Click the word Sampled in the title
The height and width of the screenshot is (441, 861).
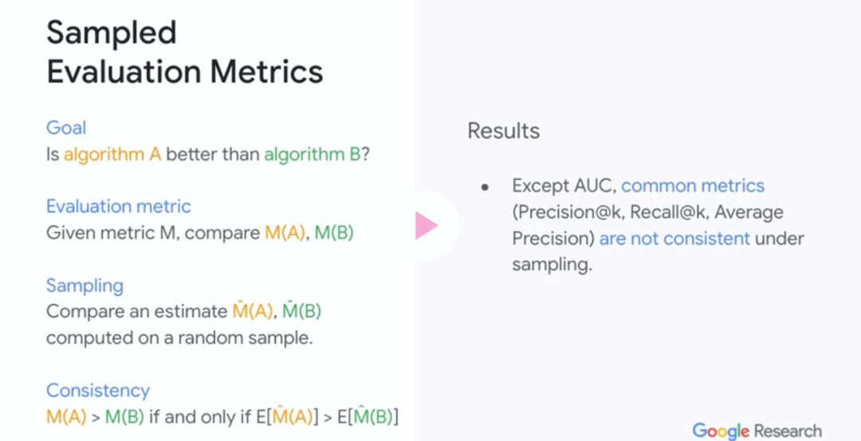click(112, 33)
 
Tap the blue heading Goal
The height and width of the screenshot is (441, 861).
click(66, 128)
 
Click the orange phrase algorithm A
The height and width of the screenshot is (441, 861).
click(112, 154)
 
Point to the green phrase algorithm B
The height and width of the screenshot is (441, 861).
click(313, 154)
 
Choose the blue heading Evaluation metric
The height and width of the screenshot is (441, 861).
click(119, 206)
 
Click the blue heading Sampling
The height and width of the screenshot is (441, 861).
click(85, 286)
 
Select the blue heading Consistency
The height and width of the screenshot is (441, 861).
click(98, 391)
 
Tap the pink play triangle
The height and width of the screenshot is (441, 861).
click(426, 225)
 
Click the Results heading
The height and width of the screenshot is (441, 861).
click(504, 131)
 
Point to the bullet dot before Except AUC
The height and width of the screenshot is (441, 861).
click(485, 187)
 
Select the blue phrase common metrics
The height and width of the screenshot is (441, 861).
click(693, 186)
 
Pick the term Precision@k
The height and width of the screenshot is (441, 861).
click(568, 213)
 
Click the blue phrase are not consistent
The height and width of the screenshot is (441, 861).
click(674, 239)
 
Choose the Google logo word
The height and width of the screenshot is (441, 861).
click(721, 431)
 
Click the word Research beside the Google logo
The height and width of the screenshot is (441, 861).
click(788, 431)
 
